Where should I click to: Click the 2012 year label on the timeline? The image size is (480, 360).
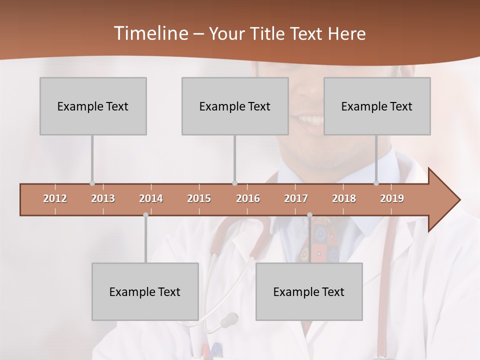click(x=55, y=198)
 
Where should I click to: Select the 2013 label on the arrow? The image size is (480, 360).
click(x=103, y=198)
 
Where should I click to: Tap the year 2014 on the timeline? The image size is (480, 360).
click(x=151, y=198)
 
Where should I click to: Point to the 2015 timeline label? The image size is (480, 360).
click(x=199, y=198)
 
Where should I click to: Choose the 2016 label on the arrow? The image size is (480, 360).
click(x=248, y=198)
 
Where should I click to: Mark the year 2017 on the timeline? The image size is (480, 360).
click(x=296, y=198)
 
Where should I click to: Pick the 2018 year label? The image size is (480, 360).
click(x=344, y=198)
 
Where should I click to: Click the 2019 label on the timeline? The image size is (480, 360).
click(x=392, y=198)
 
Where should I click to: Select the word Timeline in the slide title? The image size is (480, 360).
click(x=149, y=33)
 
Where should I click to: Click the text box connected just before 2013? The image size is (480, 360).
click(x=93, y=106)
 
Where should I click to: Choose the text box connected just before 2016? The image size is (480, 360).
click(x=235, y=106)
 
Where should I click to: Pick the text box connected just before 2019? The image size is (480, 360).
click(x=377, y=106)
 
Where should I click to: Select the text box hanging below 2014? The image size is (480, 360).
click(x=145, y=291)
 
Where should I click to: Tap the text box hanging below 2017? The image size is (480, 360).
click(x=309, y=291)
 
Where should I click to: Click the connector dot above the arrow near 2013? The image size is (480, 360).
click(x=92, y=183)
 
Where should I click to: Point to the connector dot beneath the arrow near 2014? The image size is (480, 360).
click(x=145, y=215)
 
